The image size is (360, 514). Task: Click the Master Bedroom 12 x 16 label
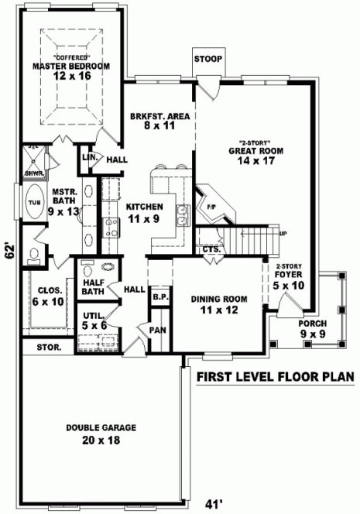click(x=70, y=72)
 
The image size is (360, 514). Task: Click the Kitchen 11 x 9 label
click(x=144, y=212)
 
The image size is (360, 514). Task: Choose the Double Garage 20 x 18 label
click(x=101, y=433)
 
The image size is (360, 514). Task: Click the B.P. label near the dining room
click(x=160, y=296)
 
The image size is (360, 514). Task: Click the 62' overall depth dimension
click(x=9, y=252)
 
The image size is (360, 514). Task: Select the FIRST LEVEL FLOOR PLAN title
click(x=274, y=377)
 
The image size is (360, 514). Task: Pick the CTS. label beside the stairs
click(x=211, y=249)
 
